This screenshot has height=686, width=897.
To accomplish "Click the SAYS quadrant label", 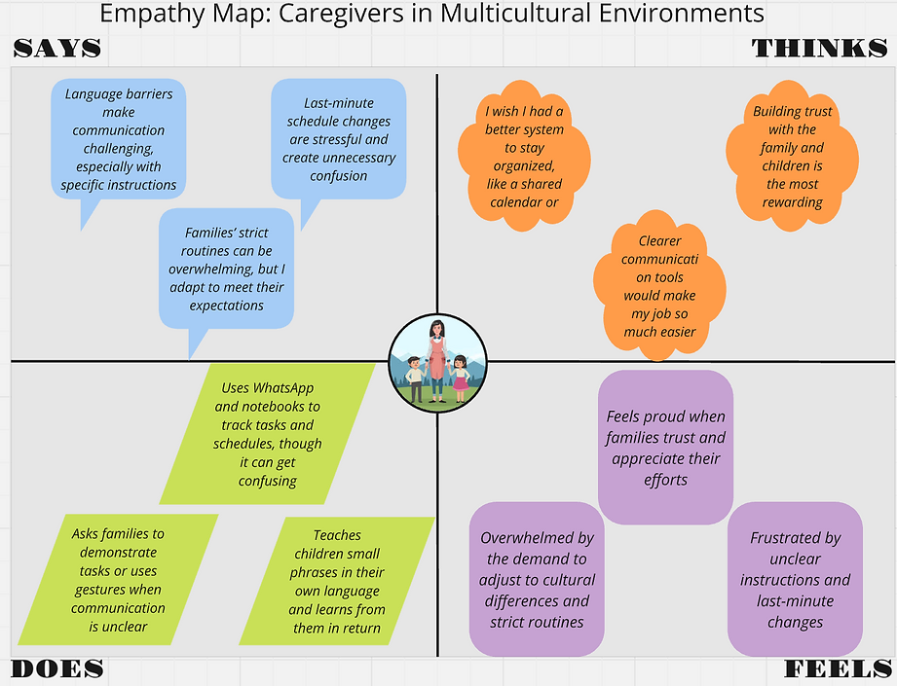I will tap(57, 49).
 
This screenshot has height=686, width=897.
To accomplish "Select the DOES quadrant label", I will tap(57, 668).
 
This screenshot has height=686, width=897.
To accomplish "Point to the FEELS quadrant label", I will tap(838, 668).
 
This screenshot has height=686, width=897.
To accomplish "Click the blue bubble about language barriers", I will tap(119, 138).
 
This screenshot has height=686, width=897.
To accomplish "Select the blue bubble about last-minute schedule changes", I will tap(339, 138).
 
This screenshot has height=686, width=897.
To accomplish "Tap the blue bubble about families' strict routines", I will tap(226, 269).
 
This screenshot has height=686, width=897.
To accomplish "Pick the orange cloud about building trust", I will tap(792, 157).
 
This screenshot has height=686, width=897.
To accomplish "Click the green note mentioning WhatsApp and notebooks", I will tap(268, 433).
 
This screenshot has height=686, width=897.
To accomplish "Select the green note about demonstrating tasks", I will tap(118, 580).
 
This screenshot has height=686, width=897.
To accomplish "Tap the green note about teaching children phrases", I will tap(337, 581).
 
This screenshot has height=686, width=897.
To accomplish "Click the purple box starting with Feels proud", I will tap(665, 447).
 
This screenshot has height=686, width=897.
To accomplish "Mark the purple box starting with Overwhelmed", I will tap(537, 579).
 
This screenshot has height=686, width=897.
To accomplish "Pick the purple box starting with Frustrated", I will tap(795, 579).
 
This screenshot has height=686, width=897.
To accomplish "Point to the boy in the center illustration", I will tap(416, 378).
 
